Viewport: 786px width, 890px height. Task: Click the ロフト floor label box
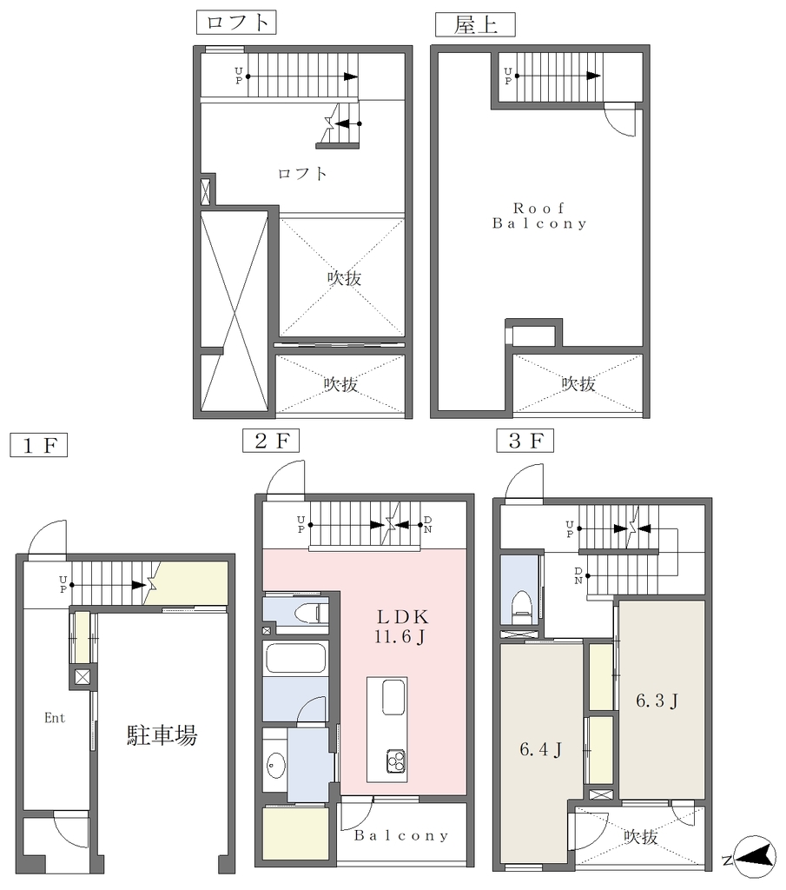tap(236, 23)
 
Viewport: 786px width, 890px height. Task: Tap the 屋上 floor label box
tap(475, 25)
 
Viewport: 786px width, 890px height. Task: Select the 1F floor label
tap(38, 445)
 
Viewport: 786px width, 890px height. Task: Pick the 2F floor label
tap(271, 441)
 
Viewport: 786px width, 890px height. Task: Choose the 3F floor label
tap(525, 441)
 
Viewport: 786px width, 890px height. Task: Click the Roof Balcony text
tap(539, 216)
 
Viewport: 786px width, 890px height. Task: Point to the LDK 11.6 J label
tap(401, 627)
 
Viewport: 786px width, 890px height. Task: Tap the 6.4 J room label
tap(540, 750)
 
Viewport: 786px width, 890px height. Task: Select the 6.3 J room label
tap(657, 701)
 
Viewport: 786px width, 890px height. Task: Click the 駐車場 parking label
tap(162, 735)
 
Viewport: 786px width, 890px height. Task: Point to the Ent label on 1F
tap(55, 718)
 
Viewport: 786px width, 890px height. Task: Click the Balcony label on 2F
tap(401, 835)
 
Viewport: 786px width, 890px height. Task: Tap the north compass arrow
tap(756, 853)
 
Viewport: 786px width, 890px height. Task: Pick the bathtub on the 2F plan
tap(295, 659)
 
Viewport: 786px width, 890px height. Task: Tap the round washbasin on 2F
tap(276, 766)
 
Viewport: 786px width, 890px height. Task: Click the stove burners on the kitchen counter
tap(396, 761)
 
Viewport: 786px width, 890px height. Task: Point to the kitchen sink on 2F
tap(393, 698)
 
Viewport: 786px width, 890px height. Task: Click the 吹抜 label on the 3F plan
tap(641, 836)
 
